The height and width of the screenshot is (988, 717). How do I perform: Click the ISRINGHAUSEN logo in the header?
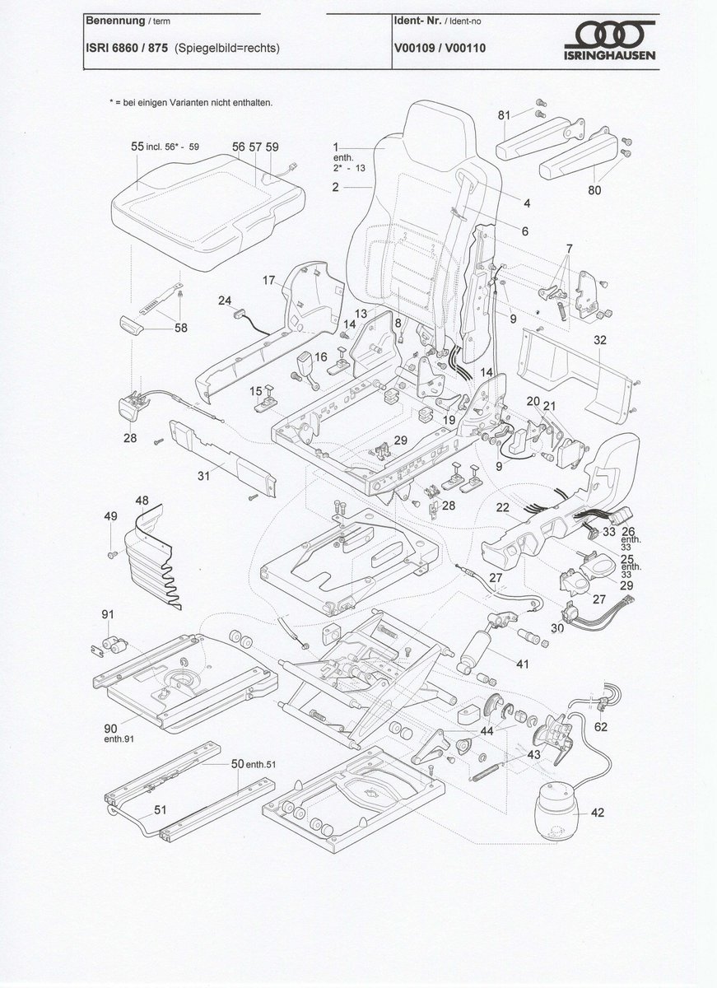pos(610,40)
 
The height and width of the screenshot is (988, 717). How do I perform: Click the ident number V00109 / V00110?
pos(440,48)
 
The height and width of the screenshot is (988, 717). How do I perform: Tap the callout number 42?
pos(598,813)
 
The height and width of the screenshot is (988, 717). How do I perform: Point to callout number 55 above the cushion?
pos(137,146)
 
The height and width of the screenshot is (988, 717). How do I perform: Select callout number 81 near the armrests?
pos(504,115)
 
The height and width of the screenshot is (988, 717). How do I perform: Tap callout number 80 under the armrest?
pos(594,190)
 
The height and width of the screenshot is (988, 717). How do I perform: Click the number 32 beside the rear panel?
pos(600,339)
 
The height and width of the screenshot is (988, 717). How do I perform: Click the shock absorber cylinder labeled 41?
pos(477,650)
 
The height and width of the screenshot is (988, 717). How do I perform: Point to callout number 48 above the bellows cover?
pos(142,500)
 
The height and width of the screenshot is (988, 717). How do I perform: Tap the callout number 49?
pos(110,516)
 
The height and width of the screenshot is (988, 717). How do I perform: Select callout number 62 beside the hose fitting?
pos(601,726)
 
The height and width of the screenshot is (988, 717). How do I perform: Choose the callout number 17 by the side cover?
pos(268,280)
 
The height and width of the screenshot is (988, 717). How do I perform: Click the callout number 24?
pos(224,301)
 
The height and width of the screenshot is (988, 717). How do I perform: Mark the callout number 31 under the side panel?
pos(203,476)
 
